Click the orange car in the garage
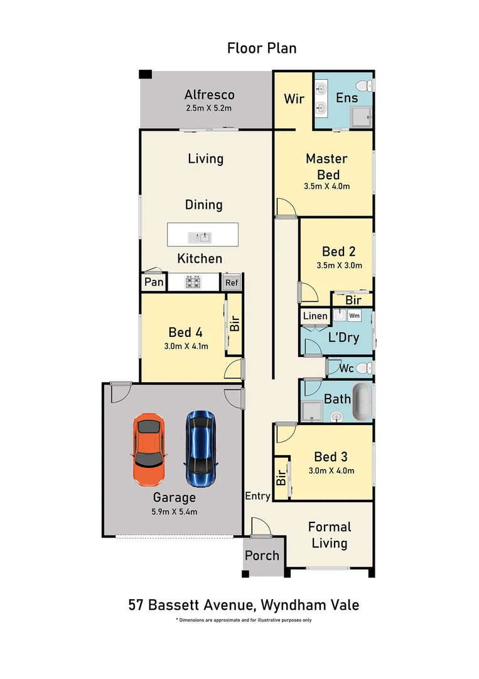click(x=149, y=450)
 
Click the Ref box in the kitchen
click(x=232, y=283)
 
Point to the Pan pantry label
click(x=154, y=282)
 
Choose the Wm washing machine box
click(x=354, y=316)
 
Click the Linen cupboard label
click(x=315, y=316)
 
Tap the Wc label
click(x=346, y=368)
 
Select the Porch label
click(x=262, y=556)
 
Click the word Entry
click(x=258, y=496)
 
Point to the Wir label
click(x=294, y=99)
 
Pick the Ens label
click(x=347, y=97)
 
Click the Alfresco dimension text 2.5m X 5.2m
click(x=209, y=108)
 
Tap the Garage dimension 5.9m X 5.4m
click(x=174, y=511)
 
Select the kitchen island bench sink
click(x=202, y=238)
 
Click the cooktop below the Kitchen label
click(x=192, y=282)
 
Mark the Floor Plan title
click(x=262, y=48)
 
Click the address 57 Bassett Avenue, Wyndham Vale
click(x=244, y=605)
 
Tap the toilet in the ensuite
click(x=362, y=85)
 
